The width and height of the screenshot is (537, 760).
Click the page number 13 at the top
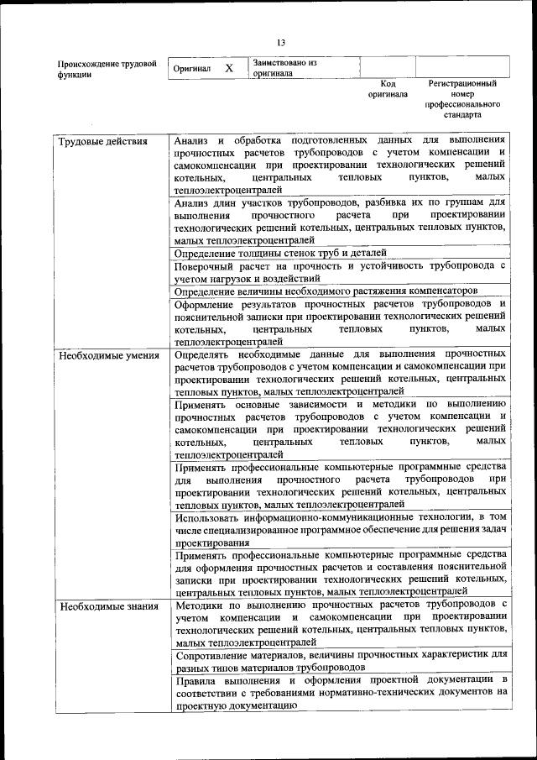(x=281, y=44)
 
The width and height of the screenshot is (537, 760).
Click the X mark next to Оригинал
(x=228, y=68)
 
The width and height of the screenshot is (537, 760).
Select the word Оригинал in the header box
(x=191, y=69)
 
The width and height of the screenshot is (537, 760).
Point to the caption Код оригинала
(x=387, y=89)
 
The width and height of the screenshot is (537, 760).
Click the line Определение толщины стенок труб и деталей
(x=281, y=252)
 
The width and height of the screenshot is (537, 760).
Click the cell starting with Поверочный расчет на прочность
(x=340, y=271)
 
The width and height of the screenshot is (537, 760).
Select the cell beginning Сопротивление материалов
(x=340, y=661)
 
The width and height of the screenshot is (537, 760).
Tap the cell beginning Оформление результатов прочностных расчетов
(x=340, y=322)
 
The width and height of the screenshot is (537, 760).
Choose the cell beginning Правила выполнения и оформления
(x=340, y=693)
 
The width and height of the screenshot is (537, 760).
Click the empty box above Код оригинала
(x=388, y=67)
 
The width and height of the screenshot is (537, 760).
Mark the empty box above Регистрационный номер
(x=462, y=67)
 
